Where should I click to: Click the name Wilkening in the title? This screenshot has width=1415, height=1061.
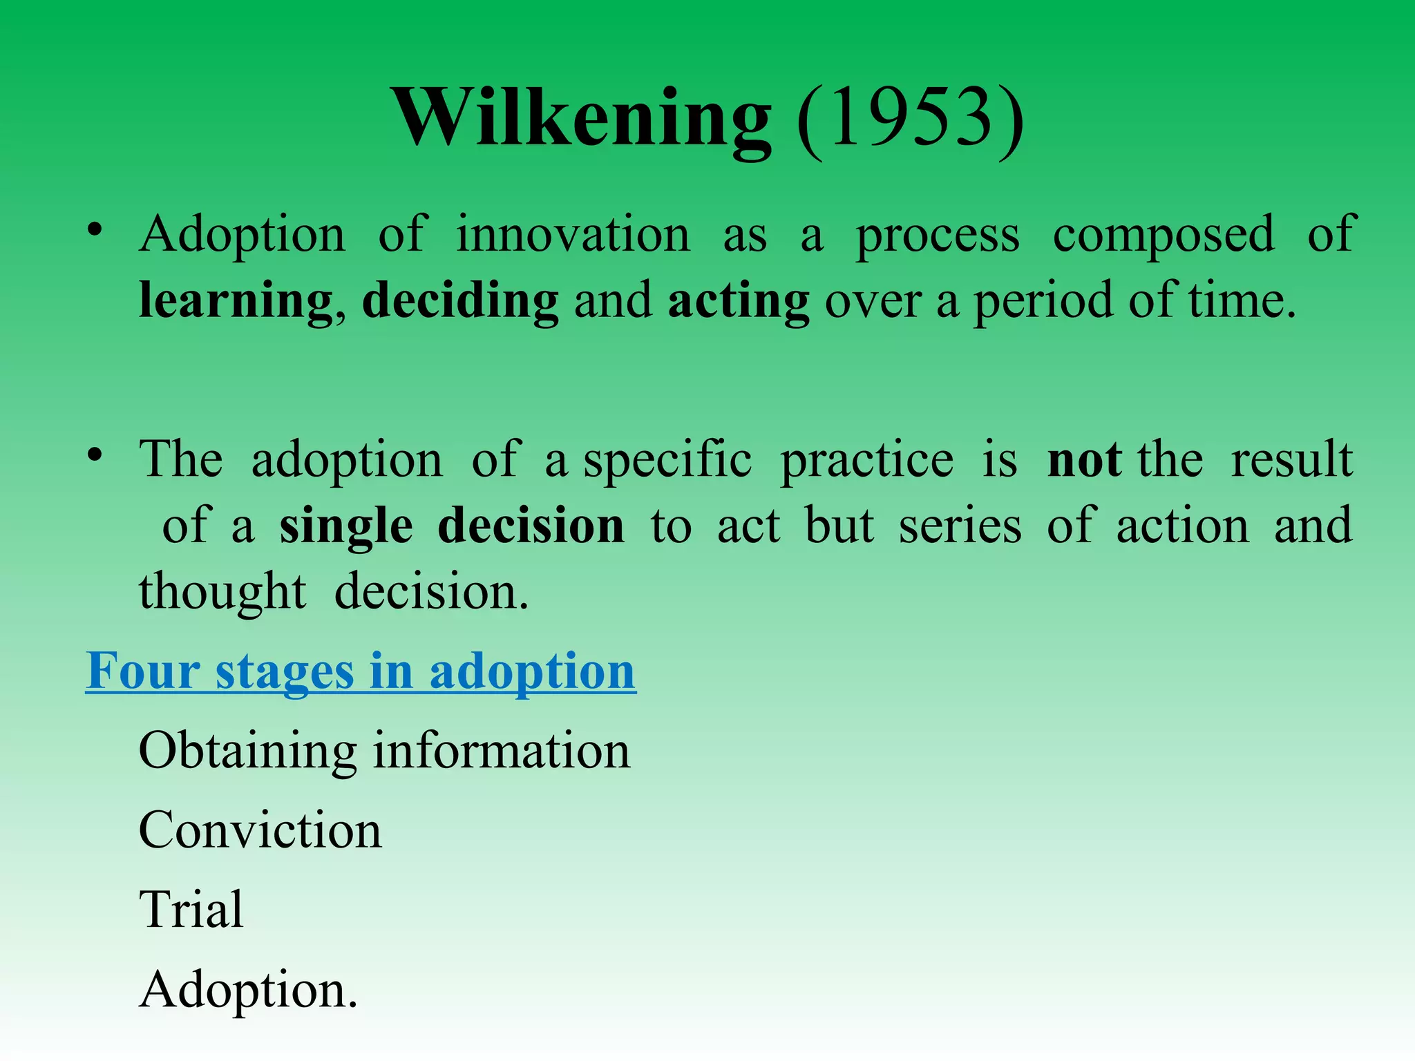[582, 117]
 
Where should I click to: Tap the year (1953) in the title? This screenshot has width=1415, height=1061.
[910, 119]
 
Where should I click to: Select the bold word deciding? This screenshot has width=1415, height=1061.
[460, 302]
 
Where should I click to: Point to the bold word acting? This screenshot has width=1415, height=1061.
[739, 302]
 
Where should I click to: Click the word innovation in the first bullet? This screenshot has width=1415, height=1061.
[573, 235]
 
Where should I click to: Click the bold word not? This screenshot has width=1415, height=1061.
[1084, 460]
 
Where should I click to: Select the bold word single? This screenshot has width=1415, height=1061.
[346, 527]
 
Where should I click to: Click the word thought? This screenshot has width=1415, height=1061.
[222, 593]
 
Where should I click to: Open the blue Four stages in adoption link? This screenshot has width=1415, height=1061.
[361, 671]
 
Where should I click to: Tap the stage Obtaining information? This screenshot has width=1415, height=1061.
[384, 752]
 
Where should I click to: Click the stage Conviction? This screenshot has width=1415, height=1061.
[260, 831]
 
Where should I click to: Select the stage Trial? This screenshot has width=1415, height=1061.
[191, 910]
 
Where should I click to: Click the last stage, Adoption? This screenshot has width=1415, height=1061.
[248, 991]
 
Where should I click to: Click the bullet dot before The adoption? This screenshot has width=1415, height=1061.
[95, 455]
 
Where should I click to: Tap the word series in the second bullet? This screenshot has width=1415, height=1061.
[960, 527]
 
